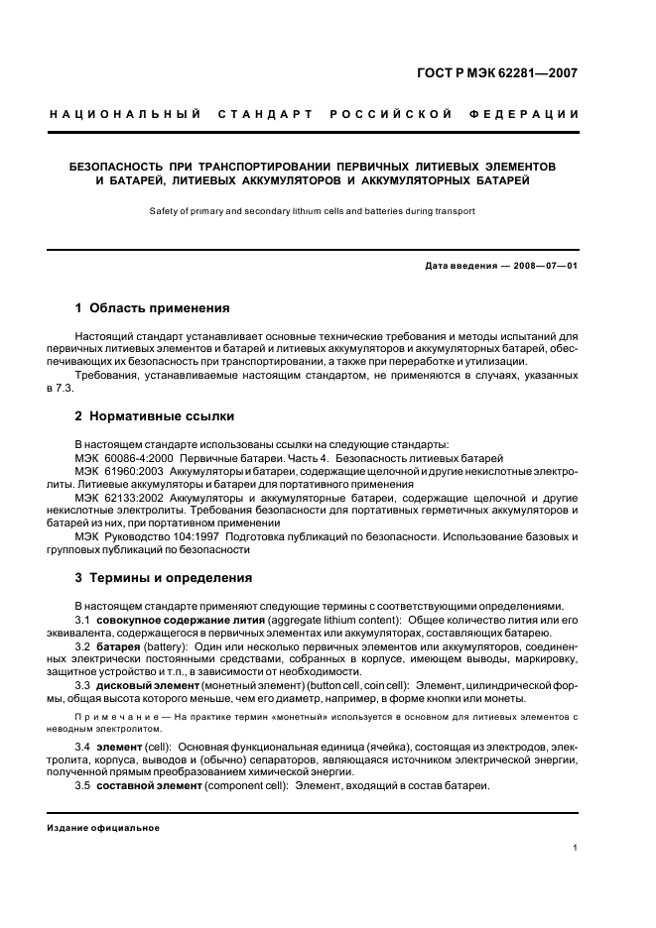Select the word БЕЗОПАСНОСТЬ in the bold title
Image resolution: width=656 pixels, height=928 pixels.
119,164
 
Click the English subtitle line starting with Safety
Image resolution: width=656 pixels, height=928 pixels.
312,210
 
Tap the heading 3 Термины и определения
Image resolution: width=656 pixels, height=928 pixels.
163,578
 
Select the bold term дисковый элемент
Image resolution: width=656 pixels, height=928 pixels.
144,685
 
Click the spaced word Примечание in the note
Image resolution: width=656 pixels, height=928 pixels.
109,715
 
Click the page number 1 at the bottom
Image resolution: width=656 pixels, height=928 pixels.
576,848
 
